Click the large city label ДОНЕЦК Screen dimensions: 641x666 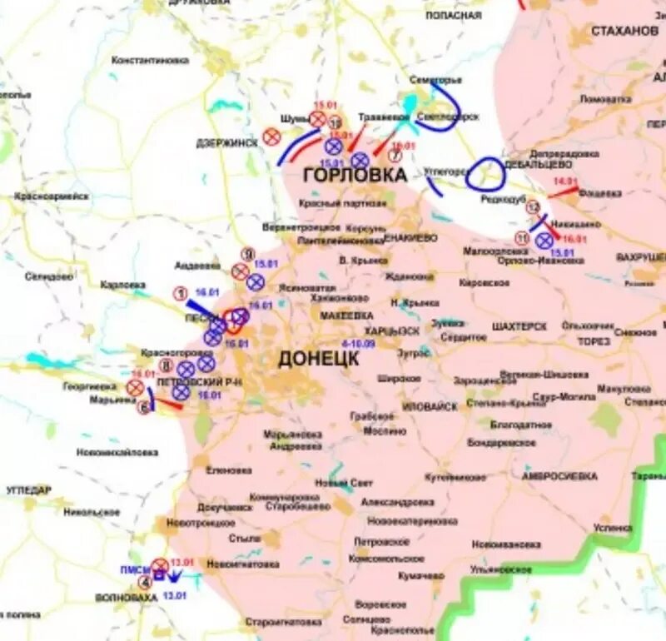[x=318, y=359]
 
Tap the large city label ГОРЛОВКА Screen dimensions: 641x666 [x=355, y=175]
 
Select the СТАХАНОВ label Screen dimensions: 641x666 [x=624, y=31]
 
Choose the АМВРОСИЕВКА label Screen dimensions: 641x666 [x=559, y=476]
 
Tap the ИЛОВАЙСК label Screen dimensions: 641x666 [x=429, y=406]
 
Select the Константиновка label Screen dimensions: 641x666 [x=150, y=61]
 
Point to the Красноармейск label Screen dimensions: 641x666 [x=51, y=196]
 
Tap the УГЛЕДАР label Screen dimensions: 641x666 [x=28, y=489]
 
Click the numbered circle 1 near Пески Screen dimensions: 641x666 [x=179, y=293]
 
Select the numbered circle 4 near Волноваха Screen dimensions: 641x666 [x=145, y=582]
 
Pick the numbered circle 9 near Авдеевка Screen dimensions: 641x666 [x=247, y=253]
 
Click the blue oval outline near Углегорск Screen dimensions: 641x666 [x=485, y=174]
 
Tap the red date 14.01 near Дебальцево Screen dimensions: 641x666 [x=565, y=181]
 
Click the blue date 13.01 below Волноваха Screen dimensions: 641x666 [x=174, y=596]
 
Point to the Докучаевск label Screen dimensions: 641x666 [x=224, y=507]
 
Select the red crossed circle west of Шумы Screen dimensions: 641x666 [x=271, y=137]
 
